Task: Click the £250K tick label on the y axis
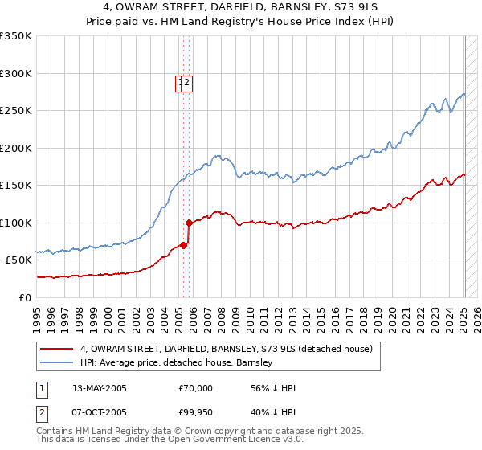[16, 111]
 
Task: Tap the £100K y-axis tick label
[16, 223]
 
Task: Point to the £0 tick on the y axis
[26, 297]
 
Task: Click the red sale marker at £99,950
[188, 223]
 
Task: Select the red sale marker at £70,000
[183, 245]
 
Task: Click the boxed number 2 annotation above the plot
[186, 81]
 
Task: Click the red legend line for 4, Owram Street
[55, 350]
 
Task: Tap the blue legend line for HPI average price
[55, 363]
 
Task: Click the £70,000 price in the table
[195, 388]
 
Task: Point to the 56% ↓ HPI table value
[273, 388]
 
